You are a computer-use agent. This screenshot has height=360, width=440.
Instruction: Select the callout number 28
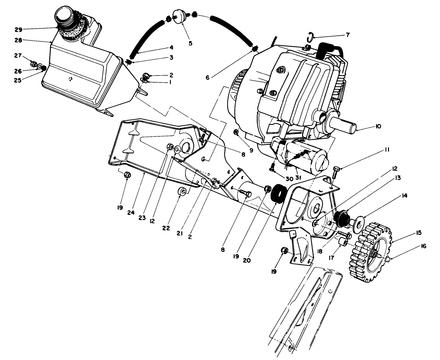coord(18,40)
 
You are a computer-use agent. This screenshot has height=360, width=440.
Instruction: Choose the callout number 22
coord(167,227)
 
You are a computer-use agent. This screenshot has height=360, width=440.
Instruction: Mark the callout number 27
coord(17,55)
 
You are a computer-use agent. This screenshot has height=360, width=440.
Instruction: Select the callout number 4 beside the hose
coord(171,47)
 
